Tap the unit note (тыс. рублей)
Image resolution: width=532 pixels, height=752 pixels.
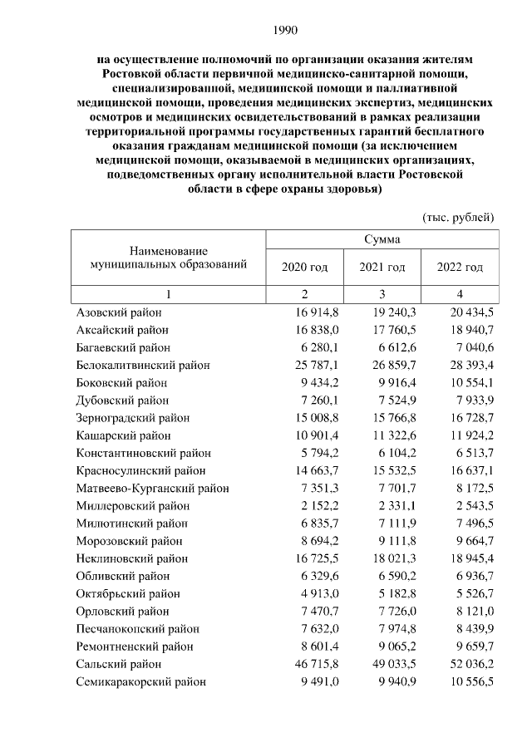pyautogui.click(x=459, y=217)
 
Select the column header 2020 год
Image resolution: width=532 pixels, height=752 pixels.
pyautogui.click(x=305, y=267)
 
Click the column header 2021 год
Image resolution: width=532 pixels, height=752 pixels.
pyautogui.click(x=382, y=267)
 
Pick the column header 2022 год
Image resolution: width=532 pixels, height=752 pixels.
pyautogui.click(x=460, y=267)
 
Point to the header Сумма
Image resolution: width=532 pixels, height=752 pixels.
pyautogui.click(x=382, y=239)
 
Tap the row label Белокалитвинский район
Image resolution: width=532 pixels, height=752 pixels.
pyautogui.click(x=143, y=365)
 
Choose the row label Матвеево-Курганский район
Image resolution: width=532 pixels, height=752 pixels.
pyautogui.click(x=152, y=488)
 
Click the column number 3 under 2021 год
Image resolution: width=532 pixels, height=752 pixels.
pyautogui.click(x=382, y=295)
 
